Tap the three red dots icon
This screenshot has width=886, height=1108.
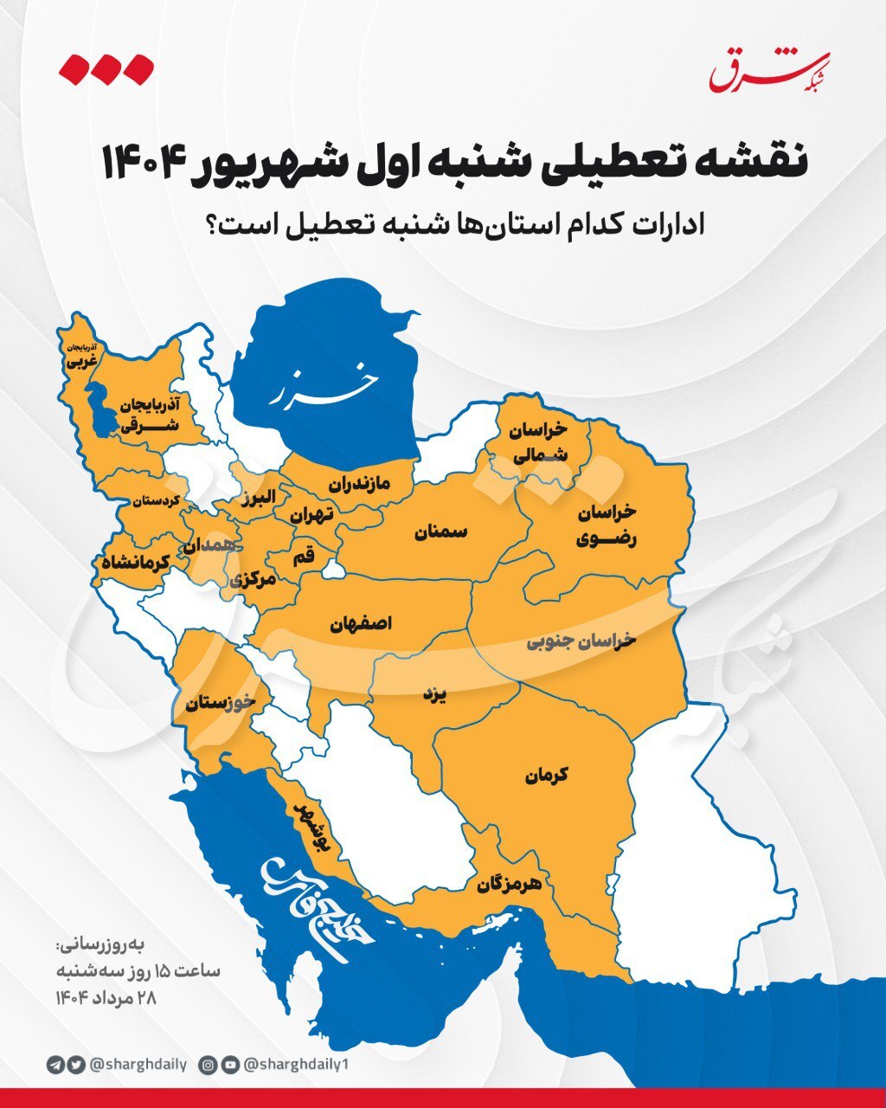(106, 69)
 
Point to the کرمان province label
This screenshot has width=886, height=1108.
(546, 776)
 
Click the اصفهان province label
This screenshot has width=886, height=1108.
(361, 623)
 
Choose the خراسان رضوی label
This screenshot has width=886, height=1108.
(607, 525)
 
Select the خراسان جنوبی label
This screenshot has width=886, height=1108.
(581, 641)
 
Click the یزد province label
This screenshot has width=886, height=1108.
(433, 694)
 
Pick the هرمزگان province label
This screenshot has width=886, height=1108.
(509, 885)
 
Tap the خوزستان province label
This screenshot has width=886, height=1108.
(220, 703)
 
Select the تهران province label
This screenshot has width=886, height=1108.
(311, 514)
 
